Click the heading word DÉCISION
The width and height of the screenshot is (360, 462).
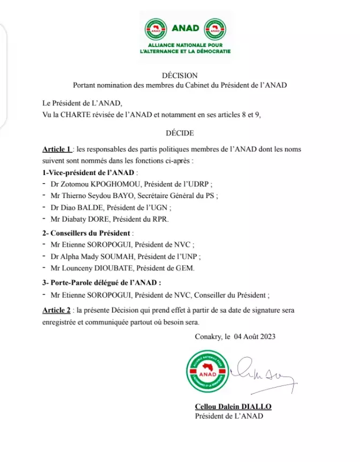(179, 75)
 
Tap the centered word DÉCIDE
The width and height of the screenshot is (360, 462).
(180, 133)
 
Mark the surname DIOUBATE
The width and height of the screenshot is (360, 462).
(118, 268)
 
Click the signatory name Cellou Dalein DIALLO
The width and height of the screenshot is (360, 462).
(229, 407)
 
